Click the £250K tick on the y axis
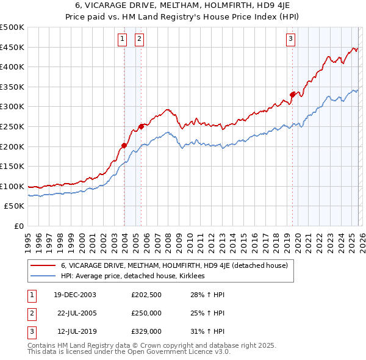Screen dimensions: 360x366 tap(12, 126)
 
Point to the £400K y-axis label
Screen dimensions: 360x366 tap(12, 67)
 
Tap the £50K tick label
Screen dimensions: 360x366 tap(15, 206)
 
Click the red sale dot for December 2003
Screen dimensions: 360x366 tap(124, 145)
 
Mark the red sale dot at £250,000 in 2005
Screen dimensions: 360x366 tap(141, 126)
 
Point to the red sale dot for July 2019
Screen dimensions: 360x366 tap(292, 95)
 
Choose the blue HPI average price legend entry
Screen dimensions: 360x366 tap(132, 276)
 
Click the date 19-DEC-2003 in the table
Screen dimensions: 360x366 tap(75, 295)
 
